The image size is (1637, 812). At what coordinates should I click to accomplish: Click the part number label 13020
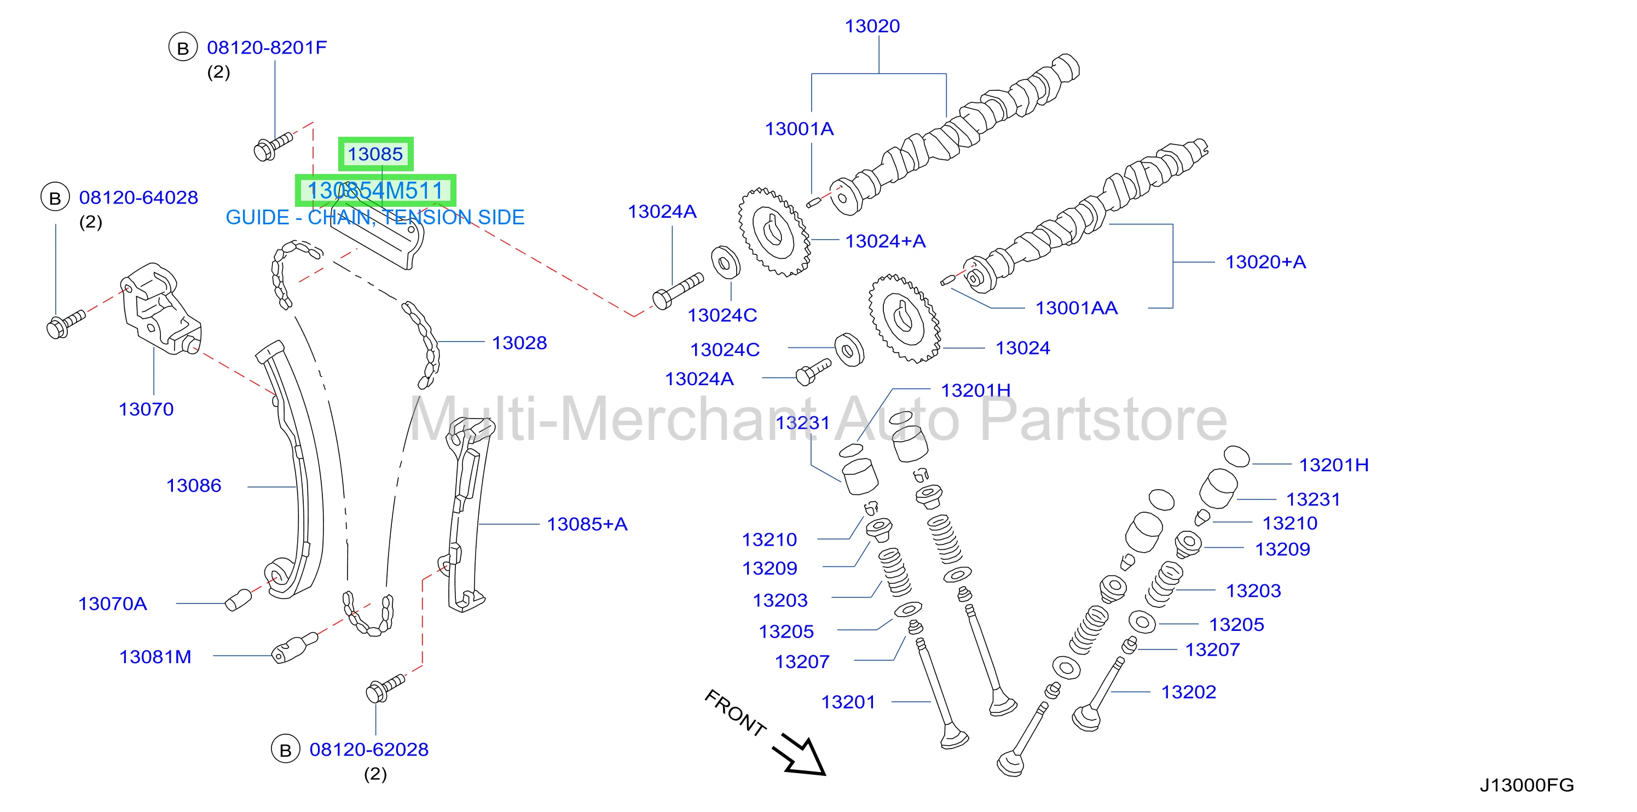point(872,26)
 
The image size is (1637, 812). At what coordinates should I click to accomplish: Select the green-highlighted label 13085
point(375,154)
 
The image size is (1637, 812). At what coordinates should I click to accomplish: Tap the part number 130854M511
point(375,190)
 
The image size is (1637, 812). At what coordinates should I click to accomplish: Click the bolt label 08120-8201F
point(267,48)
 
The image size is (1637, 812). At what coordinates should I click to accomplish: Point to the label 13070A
point(113,604)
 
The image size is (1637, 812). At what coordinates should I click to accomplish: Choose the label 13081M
point(155,657)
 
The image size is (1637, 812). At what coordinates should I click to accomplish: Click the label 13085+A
point(587,524)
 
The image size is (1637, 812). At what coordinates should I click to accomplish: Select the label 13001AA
point(1077,308)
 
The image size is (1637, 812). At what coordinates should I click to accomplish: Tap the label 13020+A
point(1265,262)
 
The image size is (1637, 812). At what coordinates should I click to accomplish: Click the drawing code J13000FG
point(1526,785)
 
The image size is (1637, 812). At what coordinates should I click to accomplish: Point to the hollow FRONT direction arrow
point(800,756)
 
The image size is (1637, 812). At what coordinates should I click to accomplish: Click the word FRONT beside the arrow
point(735,713)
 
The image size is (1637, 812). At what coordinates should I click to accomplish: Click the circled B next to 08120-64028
point(55,198)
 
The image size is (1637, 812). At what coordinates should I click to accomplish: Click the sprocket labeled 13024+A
point(774,232)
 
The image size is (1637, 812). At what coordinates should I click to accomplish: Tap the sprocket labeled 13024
point(905,318)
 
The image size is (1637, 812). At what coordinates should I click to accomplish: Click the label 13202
point(1188,692)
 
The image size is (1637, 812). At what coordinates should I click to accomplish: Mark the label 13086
point(194,486)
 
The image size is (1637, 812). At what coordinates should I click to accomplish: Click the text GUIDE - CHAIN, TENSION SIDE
point(375,217)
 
